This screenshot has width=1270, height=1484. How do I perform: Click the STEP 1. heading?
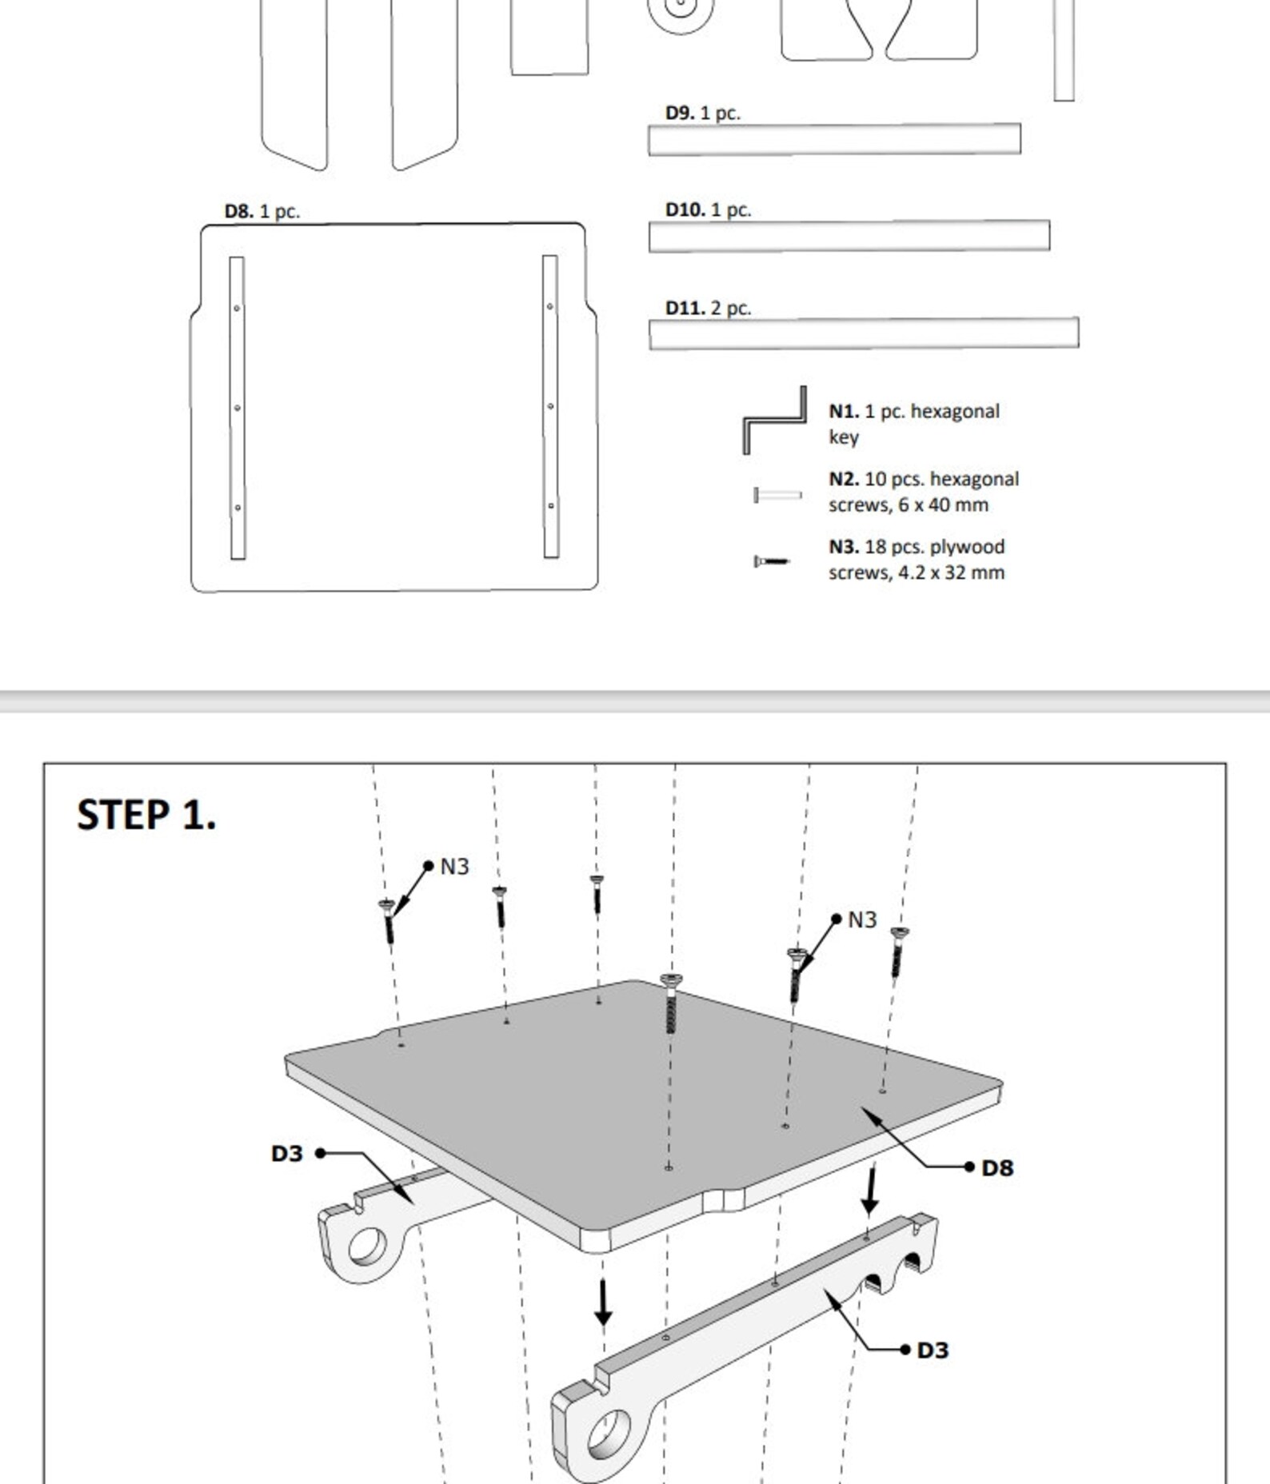click(146, 816)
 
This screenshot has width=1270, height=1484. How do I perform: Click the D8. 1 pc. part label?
click(262, 212)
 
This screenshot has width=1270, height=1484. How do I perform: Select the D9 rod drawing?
click(833, 139)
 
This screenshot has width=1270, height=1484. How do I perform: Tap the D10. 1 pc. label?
click(708, 210)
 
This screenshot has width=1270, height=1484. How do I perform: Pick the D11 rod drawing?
click(863, 333)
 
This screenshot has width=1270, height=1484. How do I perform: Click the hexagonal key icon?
click(774, 420)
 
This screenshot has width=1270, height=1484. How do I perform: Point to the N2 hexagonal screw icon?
click(777, 496)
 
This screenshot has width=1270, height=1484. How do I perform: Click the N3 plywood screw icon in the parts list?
click(771, 561)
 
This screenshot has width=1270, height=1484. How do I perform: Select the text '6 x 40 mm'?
click(943, 505)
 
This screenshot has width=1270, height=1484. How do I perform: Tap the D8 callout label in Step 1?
click(996, 1168)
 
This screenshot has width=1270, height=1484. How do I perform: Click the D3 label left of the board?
click(287, 1154)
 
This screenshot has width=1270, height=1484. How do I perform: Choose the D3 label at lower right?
click(933, 1350)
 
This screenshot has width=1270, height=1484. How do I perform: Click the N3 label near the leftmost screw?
click(454, 867)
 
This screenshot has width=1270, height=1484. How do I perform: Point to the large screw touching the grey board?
click(671, 1004)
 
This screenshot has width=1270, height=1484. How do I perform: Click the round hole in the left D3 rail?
click(366, 1247)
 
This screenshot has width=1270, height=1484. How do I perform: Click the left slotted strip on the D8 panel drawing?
click(237, 408)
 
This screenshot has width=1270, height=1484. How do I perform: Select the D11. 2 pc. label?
click(708, 309)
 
